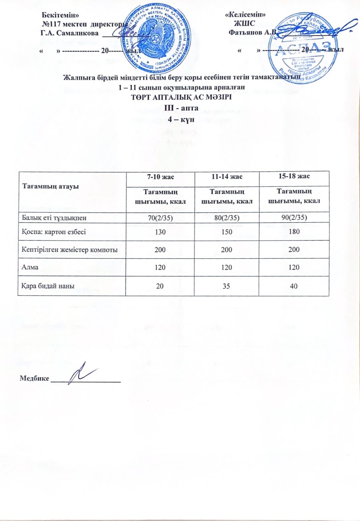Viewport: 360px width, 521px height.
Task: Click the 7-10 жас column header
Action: point(160,177)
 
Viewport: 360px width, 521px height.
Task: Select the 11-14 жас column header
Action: point(226,177)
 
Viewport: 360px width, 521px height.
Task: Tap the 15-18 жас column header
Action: point(294,176)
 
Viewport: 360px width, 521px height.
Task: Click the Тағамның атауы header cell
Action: point(50,187)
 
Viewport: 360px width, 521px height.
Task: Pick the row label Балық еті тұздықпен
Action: point(54,218)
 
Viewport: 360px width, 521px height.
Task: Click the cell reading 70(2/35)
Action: point(160,218)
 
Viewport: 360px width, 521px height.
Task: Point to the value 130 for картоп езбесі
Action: point(160,232)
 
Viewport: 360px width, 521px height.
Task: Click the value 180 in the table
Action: point(294,232)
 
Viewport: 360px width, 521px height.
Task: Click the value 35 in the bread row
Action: point(226,286)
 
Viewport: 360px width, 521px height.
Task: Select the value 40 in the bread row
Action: point(294,286)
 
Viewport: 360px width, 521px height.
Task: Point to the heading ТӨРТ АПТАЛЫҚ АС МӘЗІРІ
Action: point(182,97)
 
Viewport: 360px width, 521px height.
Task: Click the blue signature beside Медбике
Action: point(81,373)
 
